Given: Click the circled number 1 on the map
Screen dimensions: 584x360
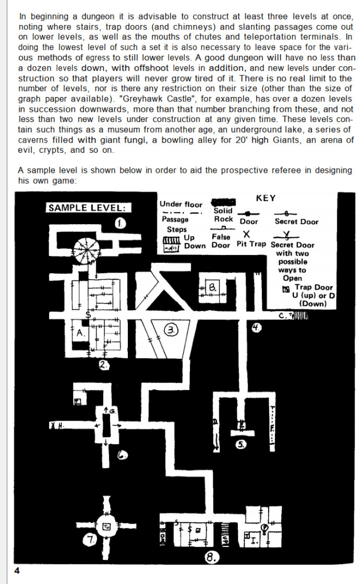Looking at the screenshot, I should [x=120, y=223].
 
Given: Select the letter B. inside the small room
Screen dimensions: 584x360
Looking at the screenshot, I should [x=212, y=289].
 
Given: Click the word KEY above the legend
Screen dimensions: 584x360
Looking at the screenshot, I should [x=266, y=198].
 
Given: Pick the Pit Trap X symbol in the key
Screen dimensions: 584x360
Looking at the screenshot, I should [x=246, y=234].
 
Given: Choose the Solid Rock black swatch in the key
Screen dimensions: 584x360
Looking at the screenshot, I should [x=224, y=202].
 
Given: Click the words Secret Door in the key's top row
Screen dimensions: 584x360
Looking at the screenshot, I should [x=297, y=221].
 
